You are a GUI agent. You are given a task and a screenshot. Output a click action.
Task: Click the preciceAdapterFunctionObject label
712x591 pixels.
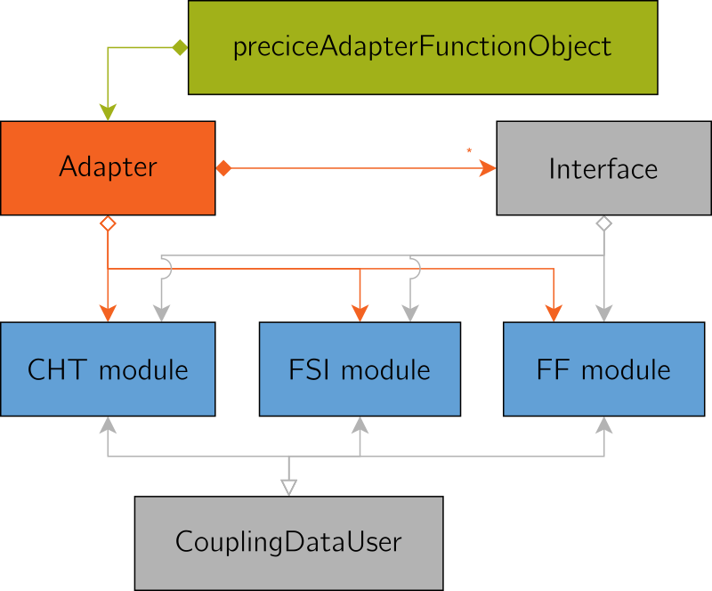coord(422,46)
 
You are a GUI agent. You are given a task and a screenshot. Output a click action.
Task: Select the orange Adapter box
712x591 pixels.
coord(108,167)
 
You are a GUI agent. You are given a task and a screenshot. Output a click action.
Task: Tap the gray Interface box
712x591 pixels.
coord(603,169)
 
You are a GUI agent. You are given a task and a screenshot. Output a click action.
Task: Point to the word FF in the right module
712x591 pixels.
coord(554,369)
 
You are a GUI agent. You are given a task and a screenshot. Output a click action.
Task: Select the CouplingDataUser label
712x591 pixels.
coord(288,541)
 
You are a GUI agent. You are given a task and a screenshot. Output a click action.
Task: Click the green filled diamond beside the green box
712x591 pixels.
coord(179,47)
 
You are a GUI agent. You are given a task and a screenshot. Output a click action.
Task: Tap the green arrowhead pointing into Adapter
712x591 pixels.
coord(108,112)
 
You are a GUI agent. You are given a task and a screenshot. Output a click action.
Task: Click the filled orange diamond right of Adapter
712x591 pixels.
coord(222,168)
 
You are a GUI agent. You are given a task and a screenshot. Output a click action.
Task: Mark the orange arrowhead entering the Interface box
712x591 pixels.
coord(487,168)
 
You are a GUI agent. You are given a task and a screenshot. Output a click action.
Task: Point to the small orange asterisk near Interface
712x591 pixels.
coord(469,150)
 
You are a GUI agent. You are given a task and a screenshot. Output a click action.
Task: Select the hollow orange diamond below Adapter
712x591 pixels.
coord(108,223)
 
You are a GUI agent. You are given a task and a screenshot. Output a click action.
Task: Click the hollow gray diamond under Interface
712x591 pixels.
coord(603,223)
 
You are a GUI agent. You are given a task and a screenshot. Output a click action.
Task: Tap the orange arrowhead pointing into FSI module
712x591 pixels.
coord(360,312)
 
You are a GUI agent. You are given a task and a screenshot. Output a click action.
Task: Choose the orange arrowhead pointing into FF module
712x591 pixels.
coord(554,312)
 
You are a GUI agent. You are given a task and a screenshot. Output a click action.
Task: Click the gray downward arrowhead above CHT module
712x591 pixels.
coord(161,312)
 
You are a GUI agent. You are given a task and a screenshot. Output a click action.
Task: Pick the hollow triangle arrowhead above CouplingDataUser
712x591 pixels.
coord(288,486)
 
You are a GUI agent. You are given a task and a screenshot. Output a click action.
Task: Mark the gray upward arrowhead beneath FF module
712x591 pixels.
coord(605,425)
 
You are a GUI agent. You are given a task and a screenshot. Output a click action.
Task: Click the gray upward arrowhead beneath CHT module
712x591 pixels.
coord(108,425)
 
